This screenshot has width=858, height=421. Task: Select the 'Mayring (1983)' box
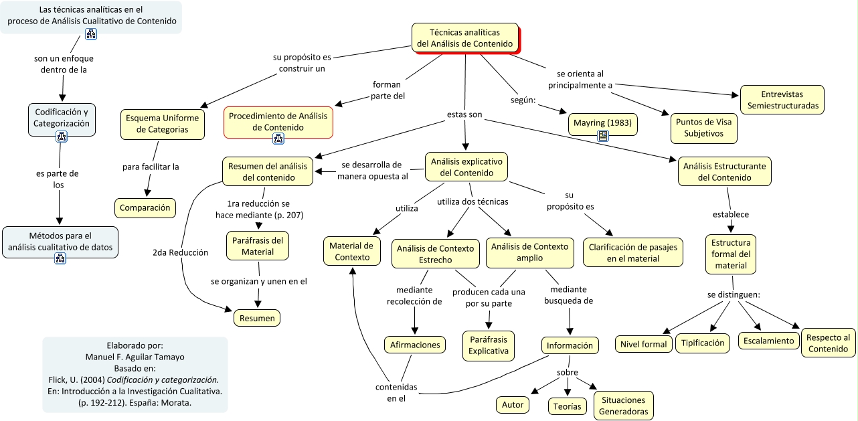pyautogui.click(x=602, y=124)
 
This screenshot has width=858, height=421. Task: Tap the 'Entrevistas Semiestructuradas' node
pyautogui.click(x=782, y=100)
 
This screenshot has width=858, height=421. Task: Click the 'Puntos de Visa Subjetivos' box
pyautogui.click(x=703, y=128)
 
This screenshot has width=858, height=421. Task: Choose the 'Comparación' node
pyautogui.click(x=145, y=208)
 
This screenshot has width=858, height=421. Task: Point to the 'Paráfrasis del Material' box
pyautogui.click(x=258, y=246)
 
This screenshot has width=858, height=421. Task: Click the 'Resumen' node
pyautogui.click(x=257, y=318)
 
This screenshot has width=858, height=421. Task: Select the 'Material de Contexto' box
pyautogui.click(x=352, y=252)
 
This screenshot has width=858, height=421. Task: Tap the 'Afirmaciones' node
pyautogui.click(x=415, y=345)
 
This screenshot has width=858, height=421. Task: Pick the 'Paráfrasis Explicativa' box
pyautogui.click(x=488, y=345)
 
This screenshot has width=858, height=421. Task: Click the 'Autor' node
pyautogui.click(x=513, y=404)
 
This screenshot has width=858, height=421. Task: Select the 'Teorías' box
pyautogui.click(x=568, y=406)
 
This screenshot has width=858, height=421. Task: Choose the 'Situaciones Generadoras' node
pyautogui.click(x=623, y=406)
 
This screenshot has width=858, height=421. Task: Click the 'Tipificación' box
pyautogui.click(x=703, y=343)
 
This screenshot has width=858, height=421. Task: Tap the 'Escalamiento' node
pyautogui.click(x=769, y=340)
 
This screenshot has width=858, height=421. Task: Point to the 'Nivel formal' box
pyautogui.click(x=643, y=344)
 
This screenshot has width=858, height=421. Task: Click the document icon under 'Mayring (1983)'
pyautogui.click(x=602, y=136)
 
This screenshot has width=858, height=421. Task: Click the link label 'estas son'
pyautogui.click(x=464, y=115)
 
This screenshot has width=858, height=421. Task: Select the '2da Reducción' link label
pyautogui.click(x=180, y=252)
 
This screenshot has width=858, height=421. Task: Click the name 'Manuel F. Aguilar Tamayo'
pyautogui.click(x=135, y=357)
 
